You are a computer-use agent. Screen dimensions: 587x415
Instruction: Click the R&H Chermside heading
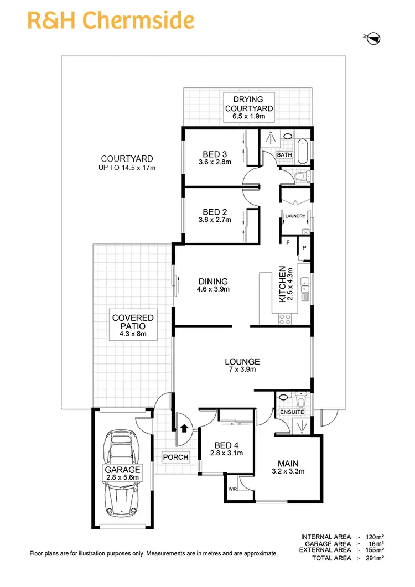(111, 20)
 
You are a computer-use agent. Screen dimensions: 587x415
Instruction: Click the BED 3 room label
(212, 158)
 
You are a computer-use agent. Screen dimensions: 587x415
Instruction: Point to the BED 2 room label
(212, 216)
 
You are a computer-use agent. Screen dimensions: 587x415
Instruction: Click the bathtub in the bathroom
(303, 150)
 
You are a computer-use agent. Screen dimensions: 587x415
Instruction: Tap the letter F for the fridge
(288, 242)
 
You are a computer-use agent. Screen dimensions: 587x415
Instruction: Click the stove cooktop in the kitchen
(286, 319)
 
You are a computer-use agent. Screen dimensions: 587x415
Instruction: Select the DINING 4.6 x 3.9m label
(212, 285)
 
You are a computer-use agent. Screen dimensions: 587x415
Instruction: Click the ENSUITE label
(292, 412)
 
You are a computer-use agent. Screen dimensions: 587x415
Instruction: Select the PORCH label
(176, 458)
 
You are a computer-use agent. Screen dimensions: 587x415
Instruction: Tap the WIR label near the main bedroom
(232, 489)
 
